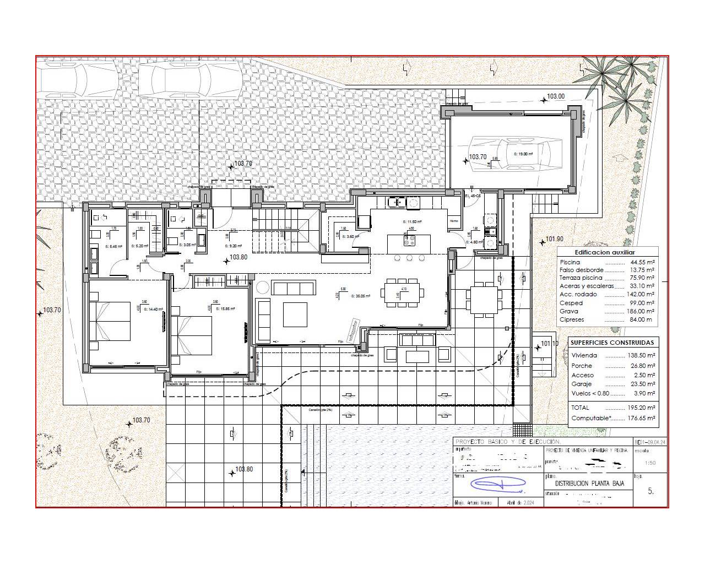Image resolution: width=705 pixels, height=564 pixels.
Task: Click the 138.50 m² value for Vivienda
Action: coord(641,356)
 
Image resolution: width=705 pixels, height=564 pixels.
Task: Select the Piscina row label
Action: coord(570,262)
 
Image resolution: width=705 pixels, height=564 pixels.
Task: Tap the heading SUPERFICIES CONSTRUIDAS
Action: coord(612,342)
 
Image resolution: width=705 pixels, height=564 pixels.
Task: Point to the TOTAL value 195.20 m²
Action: coord(641,408)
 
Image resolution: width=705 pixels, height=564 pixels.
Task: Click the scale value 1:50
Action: coord(650,463)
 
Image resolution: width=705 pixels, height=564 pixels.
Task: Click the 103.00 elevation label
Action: coord(555,96)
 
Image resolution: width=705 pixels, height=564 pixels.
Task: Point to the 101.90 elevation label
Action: coord(554,239)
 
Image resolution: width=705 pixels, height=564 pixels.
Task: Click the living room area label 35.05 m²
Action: coord(361,296)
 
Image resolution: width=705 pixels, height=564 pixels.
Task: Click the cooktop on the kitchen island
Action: coord(410,240)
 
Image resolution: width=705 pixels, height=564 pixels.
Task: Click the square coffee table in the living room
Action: coord(295,314)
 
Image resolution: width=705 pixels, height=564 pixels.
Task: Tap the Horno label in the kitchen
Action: coord(454,221)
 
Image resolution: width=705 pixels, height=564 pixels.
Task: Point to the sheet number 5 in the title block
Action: coord(650,491)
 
